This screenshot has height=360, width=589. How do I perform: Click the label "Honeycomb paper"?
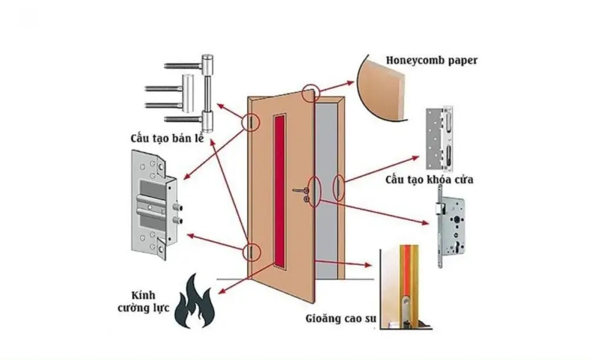431,60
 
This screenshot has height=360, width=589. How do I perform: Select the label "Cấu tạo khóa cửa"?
429,179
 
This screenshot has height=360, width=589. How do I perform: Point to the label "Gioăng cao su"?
340,321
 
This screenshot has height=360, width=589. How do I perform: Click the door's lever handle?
302,189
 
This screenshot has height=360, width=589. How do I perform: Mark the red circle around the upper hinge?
250,122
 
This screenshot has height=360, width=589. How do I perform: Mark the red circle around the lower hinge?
250,251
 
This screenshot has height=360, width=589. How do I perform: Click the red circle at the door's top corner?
310,92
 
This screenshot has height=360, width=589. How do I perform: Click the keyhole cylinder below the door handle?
306,200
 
